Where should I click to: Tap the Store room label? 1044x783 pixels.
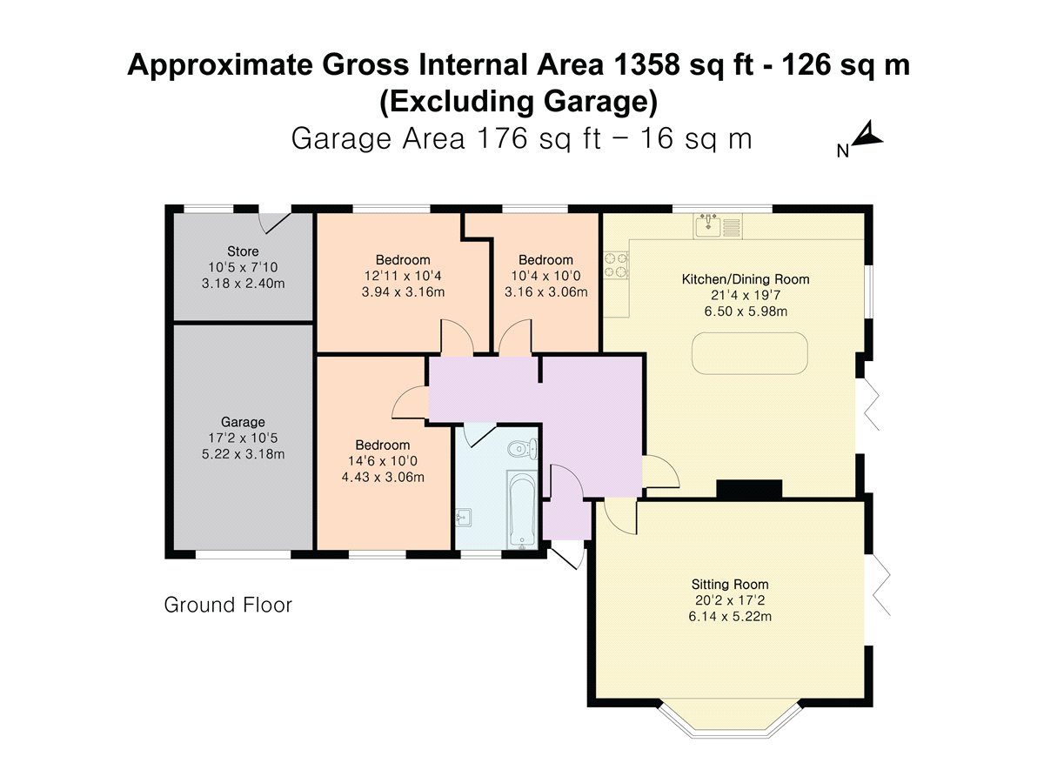pyautogui.click(x=243, y=251)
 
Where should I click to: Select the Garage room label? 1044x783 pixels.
pyautogui.click(x=243, y=422)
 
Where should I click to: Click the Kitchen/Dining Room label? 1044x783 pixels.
pyautogui.click(x=746, y=279)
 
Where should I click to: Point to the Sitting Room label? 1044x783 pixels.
pyautogui.click(x=730, y=585)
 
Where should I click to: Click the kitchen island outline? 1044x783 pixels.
pyautogui.click(x=750, y=354)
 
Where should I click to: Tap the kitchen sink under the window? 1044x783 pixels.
pyautogui.click(x=718, y=226)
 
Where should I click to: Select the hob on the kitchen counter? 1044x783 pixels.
pyautogui.click(x=617, y=264)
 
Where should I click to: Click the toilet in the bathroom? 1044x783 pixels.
pyautogui.click(x=523, y=450)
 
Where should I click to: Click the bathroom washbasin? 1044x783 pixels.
pyautogui.click(x=463, y=519)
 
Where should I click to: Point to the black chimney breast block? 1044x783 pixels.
pyautogui.click(x=749, y=489)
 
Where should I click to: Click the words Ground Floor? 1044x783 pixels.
pyautogui.click(x=228, y=605)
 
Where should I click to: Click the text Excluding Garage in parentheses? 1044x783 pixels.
pyautogui.click(x=519, y=102)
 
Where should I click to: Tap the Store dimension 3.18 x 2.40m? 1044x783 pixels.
pyautogui.click(x=243, y=284)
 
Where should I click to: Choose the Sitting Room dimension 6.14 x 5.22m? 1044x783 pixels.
pyautogui.click(x=730, y=617)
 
